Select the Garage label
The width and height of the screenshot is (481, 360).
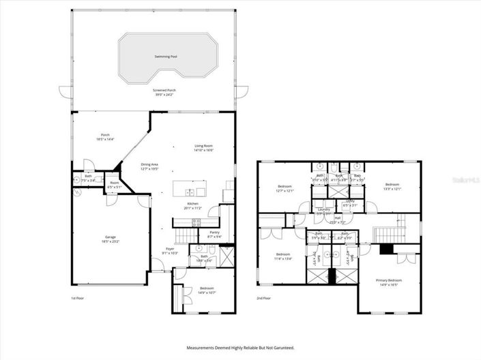coord(110,237)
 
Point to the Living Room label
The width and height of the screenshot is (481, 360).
coord(204,146)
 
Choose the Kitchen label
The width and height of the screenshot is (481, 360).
coord(193,204)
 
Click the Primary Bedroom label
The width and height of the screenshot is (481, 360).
coord(389,280)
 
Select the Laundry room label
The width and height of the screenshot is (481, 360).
coord(323,210)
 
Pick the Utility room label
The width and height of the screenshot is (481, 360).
coord(349,201)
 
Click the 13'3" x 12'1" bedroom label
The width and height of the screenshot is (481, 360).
coord(392,185)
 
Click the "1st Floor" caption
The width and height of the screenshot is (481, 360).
coord(78,298)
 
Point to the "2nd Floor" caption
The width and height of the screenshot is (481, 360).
coord(263,298)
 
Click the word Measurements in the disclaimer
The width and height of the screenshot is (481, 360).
coord(203,348)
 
